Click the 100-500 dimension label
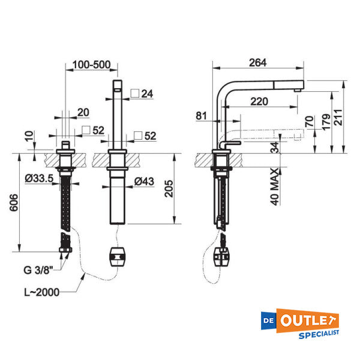[92, 65]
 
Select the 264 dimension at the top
[258, 62]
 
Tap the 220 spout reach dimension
[259, 101]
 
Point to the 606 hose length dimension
[14, 203]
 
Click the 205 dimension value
[169, 189]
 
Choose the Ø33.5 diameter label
[39, 178]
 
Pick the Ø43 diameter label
[144, 182]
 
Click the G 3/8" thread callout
[38, 270]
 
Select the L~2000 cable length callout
[42, 292]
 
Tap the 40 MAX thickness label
[275, 187]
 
